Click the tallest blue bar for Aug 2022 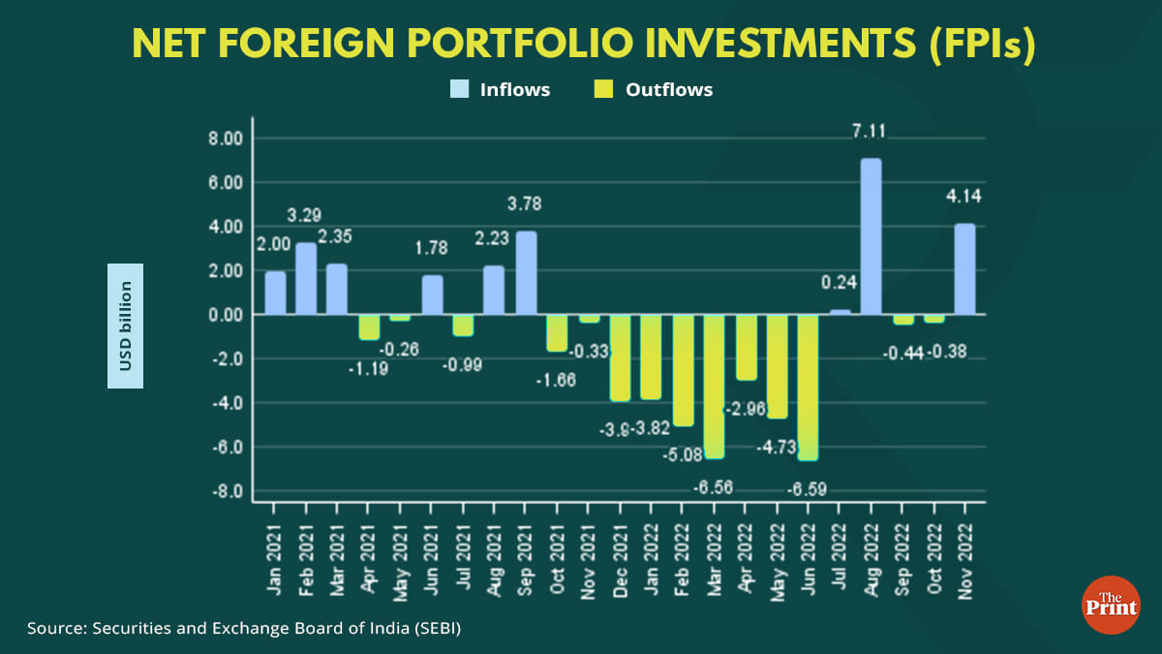pyautogui.click(x=871, y=236)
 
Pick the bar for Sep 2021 pyautogui.click(x=526, y=273)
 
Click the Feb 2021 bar pyautogui.click(x=307, y=278)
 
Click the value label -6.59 pyautogui.click(x=809, y=489)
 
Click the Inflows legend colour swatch pyautogui.click(x=458, y=90)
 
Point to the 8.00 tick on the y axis pyautogui.click(x=226, y=139)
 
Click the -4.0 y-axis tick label pyautogui.click(x=229, y=403)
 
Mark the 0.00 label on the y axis pyautogui.click(x=226, y=315)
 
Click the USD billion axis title pyautogui.click(x=125, y=326)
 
